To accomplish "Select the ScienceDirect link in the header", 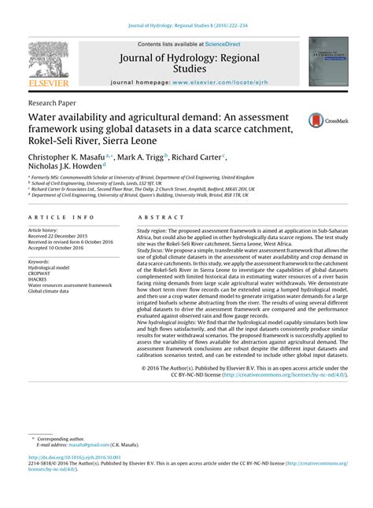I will pyautogui.click(x=223, y=45).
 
